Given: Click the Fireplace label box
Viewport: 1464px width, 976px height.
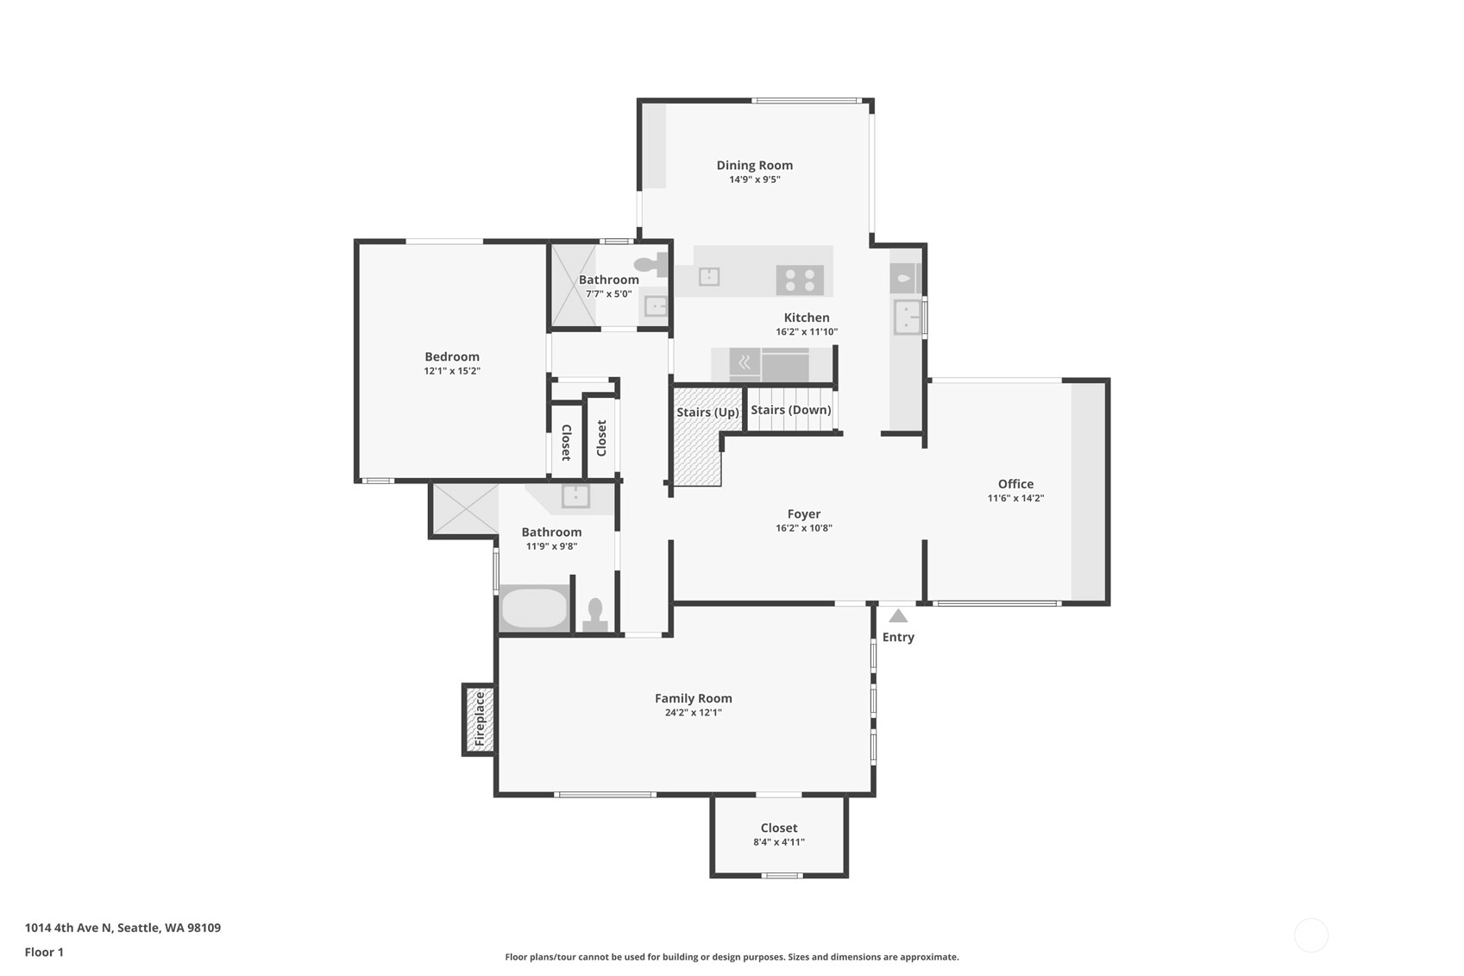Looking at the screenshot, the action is click(479, 719).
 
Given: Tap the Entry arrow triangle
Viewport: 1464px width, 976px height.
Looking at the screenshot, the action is click(898, 616).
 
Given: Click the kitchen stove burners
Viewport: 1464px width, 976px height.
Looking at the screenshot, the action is click(800, 280).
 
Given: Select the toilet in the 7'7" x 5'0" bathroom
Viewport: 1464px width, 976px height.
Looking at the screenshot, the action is click(651, 265).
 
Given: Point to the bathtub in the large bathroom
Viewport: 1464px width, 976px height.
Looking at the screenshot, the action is click(534, 608).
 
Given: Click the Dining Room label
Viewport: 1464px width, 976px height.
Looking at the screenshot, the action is click(754, 166).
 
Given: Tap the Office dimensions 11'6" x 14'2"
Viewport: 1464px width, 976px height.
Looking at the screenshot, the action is click(1015, 498).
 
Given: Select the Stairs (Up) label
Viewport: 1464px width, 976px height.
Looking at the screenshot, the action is click(707, 412).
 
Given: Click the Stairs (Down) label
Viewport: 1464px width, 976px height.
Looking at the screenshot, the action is click(791, 410).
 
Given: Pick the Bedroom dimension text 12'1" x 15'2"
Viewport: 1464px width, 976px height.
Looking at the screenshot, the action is click(451, 371).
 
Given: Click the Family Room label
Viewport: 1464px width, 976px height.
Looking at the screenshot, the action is click(694, 698).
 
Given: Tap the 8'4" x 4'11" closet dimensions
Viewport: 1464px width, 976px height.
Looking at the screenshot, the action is click(778, 842).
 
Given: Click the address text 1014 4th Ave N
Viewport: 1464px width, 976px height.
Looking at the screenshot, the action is click(69, 928).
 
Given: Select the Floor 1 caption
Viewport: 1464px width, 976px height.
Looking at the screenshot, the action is click(44, 952).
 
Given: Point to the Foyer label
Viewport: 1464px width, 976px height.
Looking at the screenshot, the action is click(804, 513).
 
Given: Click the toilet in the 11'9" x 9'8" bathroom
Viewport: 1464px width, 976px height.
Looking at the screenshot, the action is click(594, 615).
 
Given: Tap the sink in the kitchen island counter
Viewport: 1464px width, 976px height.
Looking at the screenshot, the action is click(709, 276).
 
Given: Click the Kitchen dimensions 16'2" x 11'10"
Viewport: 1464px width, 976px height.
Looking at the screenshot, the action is click(807, 332).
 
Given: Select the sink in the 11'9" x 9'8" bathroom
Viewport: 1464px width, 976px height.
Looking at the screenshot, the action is click(575, 496).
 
